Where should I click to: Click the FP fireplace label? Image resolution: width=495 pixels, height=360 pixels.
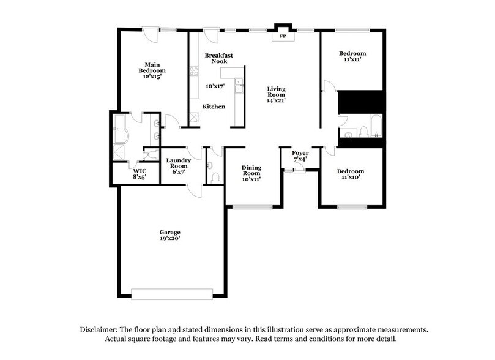pyautogui.click(x=283, y=36)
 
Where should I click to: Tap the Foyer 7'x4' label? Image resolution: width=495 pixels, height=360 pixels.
pyautogui.click(x=300, y=156)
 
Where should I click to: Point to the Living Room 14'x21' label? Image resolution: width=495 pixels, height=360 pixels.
pyautogui.click(x=277, y=96)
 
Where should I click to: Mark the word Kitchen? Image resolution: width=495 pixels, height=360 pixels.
pyautogui.click(x=214, y=107)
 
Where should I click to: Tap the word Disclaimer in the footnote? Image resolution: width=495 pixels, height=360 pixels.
pyautogui.click(x=99, y=329)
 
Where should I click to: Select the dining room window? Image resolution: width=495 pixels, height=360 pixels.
pyautogui.click(x=252, y=207)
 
